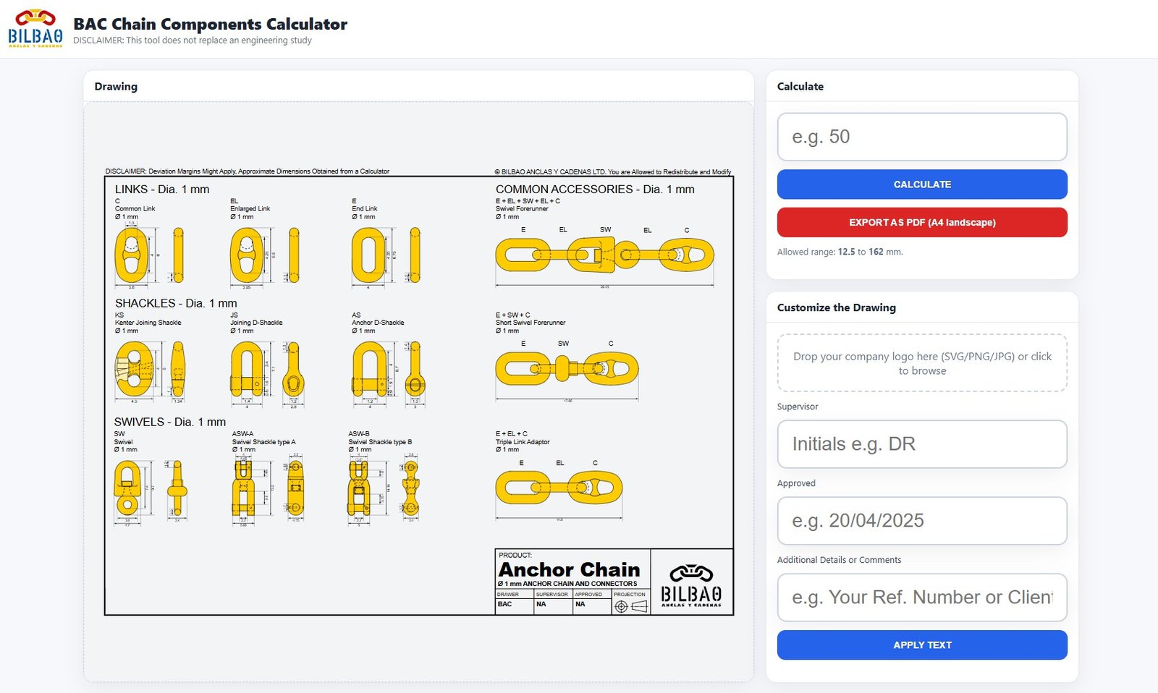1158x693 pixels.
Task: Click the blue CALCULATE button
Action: click(x=921, y=184)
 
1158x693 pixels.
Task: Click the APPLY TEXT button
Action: click(x=921, y=645)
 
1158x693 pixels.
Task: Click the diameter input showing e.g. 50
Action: click(x=921, y=137)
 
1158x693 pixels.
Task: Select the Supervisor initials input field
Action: click(x=921, y=444)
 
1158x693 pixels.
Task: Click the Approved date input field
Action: click(x=921, y=521)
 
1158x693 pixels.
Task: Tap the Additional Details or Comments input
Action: click(x=921, y=598)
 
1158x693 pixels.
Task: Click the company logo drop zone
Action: click(x=921, y=363)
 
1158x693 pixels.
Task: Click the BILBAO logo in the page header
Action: click(x=35, y=29)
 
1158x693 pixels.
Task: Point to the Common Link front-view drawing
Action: click(x=131, y=255)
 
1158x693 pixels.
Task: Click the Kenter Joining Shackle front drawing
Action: click(x=135, y=369)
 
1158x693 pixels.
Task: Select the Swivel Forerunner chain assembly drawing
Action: click(x=604, y=255)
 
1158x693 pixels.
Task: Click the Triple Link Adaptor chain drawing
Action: click(x=558, y=488)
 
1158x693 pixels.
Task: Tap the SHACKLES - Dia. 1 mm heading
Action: click(x=176, y=303)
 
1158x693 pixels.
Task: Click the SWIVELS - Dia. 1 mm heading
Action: click(x=170, y=422)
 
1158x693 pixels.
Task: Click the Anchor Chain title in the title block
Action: click(x=569, y=570)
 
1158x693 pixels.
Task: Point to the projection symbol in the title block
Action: click(x=630, y=606)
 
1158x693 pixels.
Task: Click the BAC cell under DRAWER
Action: click(x=505, y=604)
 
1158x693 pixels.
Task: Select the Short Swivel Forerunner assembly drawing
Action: click(x=567, y=369)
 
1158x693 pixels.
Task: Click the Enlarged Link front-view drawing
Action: click(x=247, y=255)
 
